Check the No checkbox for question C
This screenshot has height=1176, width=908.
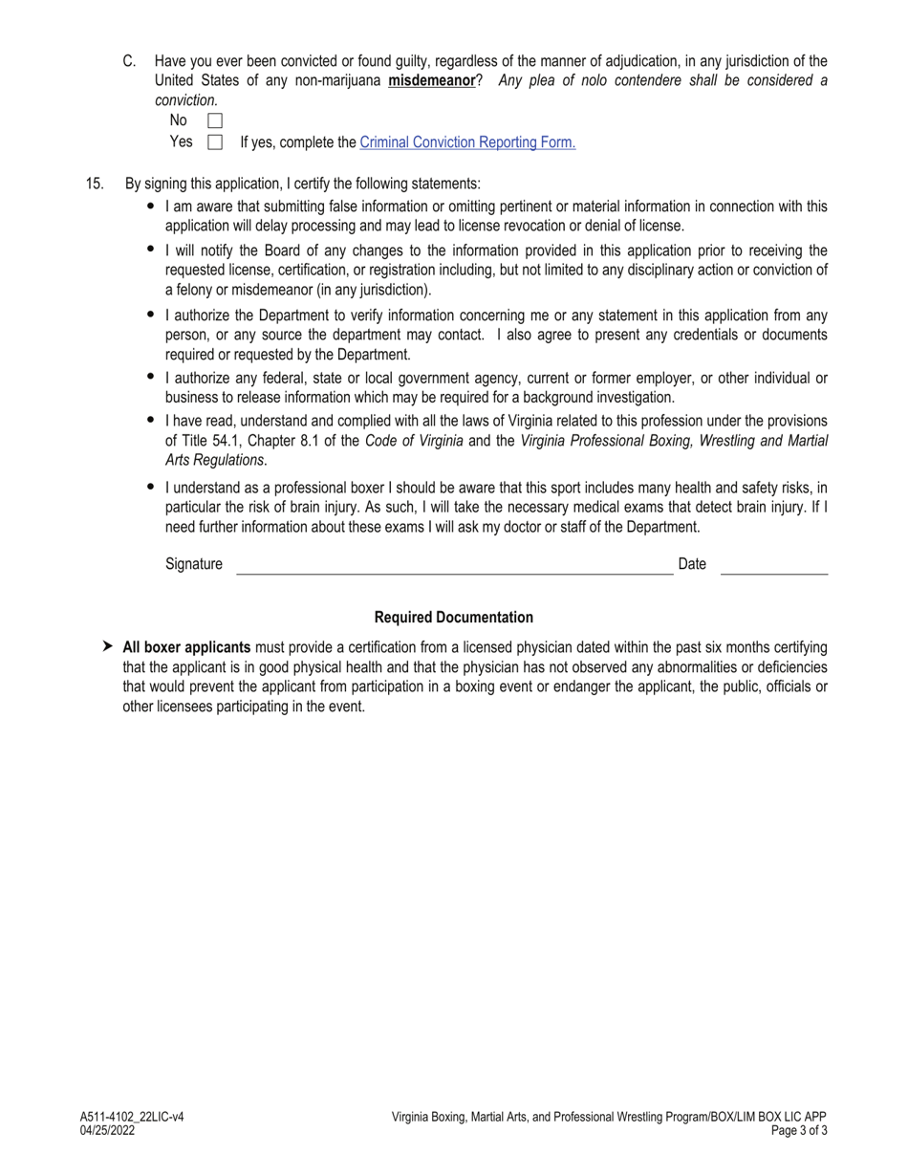point(215,120)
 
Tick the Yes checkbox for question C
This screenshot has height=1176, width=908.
point(215,142)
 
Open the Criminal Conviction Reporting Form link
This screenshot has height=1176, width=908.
point(467,142)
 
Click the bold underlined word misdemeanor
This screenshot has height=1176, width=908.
point(431,80)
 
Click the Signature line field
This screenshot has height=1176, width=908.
point(454,566)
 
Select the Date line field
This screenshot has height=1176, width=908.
point(774,566)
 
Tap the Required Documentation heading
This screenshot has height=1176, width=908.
point(454,618)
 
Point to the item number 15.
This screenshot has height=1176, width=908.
point(95,184)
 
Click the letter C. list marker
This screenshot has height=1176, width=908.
point(129,61)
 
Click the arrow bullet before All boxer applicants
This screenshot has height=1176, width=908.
point(107,646)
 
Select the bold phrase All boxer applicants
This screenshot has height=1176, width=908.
point(186,647)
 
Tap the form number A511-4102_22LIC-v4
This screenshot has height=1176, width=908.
point(132,1117)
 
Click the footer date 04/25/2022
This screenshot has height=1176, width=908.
point(108,1130)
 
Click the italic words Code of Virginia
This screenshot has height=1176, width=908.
point(414,441)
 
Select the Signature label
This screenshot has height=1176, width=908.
point(194,564)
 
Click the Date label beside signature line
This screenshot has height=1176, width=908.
point(692,564)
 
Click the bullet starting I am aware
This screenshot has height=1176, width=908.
point(151,206)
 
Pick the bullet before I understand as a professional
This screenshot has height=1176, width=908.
point(151,487)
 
